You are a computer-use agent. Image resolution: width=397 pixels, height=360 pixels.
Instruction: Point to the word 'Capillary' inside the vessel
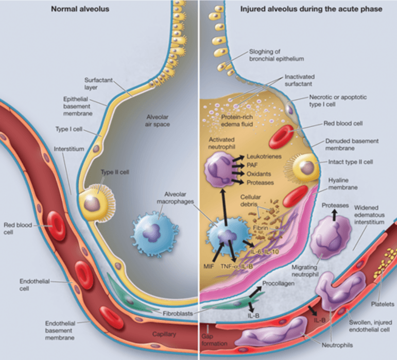[x=164, y=335]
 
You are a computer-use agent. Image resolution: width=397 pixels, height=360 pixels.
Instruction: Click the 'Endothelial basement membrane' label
[x=61, y=329]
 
